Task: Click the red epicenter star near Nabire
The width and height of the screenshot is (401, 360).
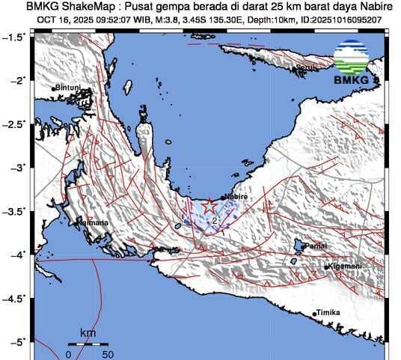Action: (210, 204)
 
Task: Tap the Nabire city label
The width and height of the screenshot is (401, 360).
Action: (236, 196)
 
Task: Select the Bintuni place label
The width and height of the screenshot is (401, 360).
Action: (68, 88)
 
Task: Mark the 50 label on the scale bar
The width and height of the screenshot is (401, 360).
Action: (108, 354)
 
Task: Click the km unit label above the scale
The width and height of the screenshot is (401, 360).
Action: (88, 332)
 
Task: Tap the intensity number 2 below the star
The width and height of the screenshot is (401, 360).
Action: (214, 221)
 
